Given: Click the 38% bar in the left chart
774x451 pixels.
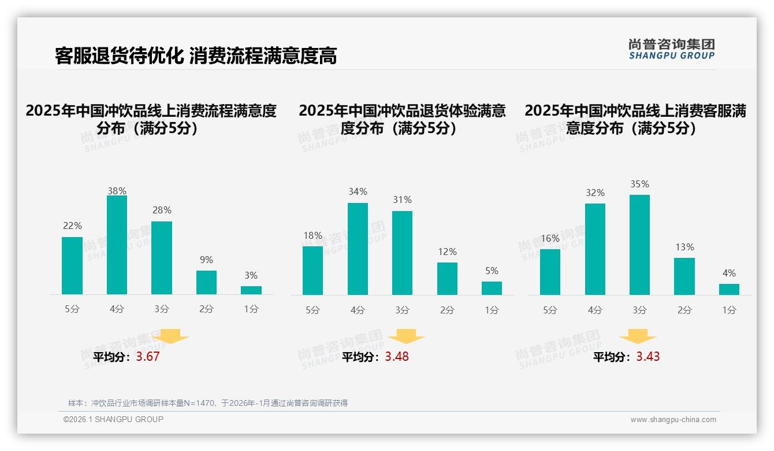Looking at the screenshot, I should [x=117, y=245].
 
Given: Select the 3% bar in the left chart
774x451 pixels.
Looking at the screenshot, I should [x=251, y=290].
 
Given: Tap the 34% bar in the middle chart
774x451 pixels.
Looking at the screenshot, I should [x=358, y=249].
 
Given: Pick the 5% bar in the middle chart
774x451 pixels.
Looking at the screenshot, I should [x=492, y=288].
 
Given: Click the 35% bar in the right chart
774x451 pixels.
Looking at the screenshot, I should [x=639, y=245].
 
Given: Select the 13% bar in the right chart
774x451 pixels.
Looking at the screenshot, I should [x=684, y=276].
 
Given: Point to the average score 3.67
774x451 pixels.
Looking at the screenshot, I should [x=148, y=357].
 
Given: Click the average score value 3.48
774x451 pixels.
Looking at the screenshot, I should [x=397, y=357].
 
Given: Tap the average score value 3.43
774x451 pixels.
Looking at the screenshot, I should [x=648, y=357].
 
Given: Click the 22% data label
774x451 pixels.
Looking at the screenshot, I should [x=72, y=226].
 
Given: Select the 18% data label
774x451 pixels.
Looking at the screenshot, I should [x=312, y=235].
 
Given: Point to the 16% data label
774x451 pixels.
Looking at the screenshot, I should [x=550, y=238].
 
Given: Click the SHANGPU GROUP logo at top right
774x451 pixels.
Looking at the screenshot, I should [x=671, y=49].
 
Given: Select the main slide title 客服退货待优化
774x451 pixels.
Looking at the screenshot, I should [x=196, y=56].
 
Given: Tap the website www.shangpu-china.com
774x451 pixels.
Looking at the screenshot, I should [x=673, y=420].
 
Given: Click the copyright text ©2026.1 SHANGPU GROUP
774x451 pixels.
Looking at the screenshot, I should [x=113, y=419].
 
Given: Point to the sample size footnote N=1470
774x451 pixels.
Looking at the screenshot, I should [x=208, y=403].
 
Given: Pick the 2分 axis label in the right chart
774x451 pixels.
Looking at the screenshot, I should [x=684, y=310].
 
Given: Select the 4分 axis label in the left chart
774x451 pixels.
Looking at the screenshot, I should [x=117, y=309].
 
